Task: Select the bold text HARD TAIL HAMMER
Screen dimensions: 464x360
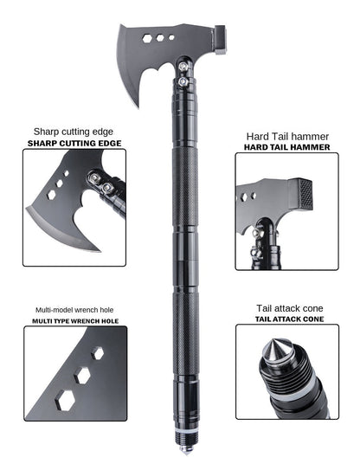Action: [x=286, y=147]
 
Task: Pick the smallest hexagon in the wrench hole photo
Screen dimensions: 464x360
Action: [x=98, y=354]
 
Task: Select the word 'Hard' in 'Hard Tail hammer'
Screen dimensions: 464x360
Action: [x=256, y=135]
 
